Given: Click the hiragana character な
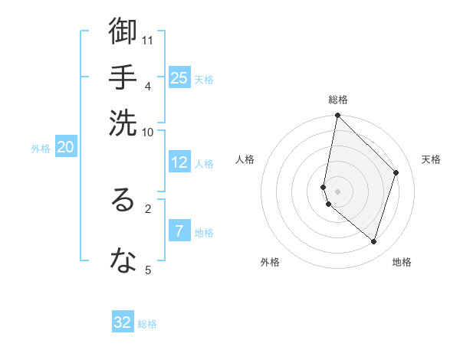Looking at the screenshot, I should point(123,260).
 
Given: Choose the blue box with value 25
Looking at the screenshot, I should point(179,77).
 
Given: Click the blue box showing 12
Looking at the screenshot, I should point(179,162).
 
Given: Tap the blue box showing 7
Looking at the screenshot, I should point(179,231).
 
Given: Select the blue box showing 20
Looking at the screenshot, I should point(65,148).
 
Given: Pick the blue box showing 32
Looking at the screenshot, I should point(123,322).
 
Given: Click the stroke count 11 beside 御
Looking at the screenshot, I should point(148,40).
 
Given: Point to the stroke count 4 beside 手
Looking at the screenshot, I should point(147,85).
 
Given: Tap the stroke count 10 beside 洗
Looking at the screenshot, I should point(148,132).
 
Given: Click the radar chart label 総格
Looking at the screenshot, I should point(338,100).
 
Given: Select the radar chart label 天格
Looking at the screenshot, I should point(431,159).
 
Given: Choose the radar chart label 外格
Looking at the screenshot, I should point(270,262).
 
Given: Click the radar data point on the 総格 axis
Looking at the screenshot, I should point(337,116).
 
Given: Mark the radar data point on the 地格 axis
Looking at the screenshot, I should point(373,242).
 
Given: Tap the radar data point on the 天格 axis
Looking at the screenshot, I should point(396,172).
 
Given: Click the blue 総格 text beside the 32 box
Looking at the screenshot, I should point(147,324).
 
